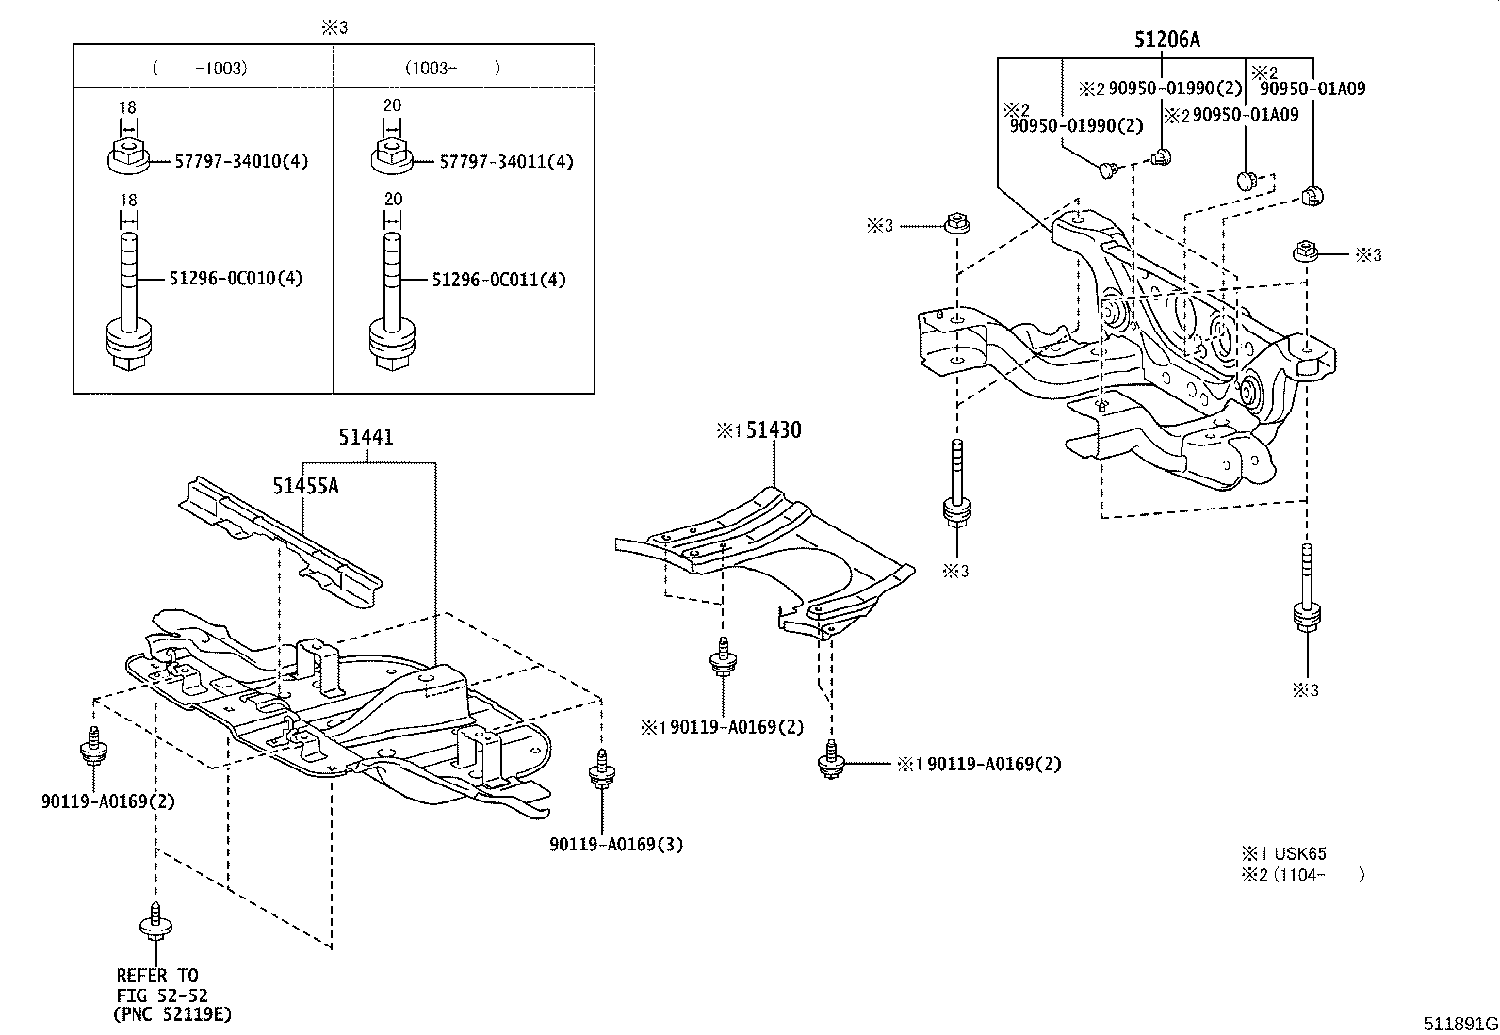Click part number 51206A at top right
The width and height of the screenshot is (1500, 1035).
(1166, 40)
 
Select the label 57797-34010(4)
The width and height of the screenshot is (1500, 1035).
(240, 161)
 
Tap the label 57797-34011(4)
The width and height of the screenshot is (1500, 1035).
(506, 161)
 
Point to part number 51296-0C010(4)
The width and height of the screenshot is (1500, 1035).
(236, 279)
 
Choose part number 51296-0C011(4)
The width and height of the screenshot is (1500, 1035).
(499, 280)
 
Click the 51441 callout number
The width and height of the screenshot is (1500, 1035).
(367, 438)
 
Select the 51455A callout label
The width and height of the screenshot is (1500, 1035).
(305, 486)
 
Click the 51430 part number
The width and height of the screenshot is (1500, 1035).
(773, 430)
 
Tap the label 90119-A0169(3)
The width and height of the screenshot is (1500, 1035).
(616, 845)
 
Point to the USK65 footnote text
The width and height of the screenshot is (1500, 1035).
(1299, 854)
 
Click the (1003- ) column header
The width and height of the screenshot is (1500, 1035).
(452, 68)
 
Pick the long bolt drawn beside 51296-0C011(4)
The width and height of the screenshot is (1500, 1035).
(393, 301)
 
